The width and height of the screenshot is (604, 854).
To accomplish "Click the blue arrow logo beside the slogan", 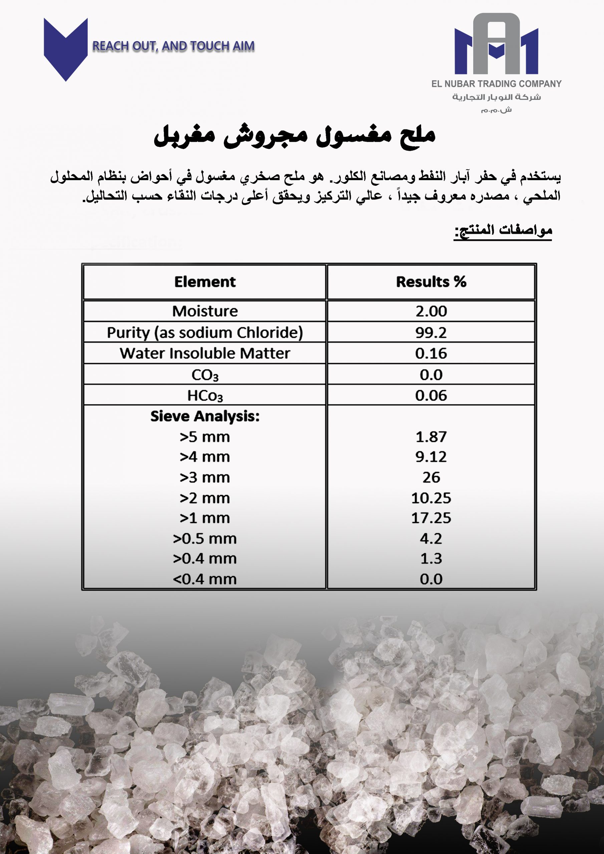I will tap(65, 48).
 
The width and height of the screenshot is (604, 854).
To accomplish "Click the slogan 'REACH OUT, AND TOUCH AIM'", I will tap(174, 46).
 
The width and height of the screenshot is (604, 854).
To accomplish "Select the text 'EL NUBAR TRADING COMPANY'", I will tap(496, 84).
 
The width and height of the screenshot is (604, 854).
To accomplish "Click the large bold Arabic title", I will tap(294, 136).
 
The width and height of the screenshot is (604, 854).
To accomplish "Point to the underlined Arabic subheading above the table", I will tap(503, 231).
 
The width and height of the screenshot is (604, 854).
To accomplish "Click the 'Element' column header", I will tap(205, 282).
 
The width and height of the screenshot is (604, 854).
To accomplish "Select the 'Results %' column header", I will tap(431, 282).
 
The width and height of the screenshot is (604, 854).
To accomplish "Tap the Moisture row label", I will tap(205, 311).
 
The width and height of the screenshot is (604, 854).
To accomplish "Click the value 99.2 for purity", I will tap(431, 332).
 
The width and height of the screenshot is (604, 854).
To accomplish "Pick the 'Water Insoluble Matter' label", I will tap(205, 353).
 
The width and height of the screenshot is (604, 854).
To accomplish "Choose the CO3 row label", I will tap(205, 375).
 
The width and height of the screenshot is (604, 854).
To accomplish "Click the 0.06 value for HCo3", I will tap(431, 395).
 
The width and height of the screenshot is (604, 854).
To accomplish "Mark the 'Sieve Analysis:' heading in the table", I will tap(205, 416).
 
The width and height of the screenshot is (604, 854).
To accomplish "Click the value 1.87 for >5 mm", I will tap(431, 437).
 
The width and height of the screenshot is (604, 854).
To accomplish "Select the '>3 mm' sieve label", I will tap(205, 477).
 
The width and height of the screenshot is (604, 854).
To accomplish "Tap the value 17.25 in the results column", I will tap(431, 518).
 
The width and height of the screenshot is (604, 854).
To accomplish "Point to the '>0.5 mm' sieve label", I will tap(205, 538).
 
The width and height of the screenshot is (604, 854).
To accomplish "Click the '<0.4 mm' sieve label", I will tap(205, 579).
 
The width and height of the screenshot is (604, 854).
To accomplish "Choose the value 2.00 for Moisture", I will tap(431, 311).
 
